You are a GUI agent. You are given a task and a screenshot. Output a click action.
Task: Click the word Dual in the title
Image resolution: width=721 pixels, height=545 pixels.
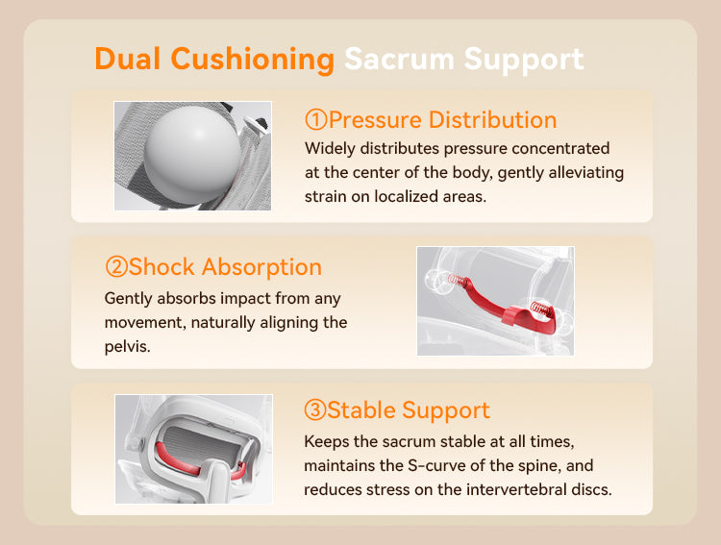click(127, 59)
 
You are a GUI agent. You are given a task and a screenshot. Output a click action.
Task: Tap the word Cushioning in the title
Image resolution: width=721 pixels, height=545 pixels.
click(253, 61)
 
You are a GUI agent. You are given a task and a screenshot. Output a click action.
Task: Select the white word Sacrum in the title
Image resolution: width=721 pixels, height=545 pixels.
click(399, 59)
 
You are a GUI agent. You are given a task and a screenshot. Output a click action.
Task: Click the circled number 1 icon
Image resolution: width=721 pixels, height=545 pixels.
click(316, 119)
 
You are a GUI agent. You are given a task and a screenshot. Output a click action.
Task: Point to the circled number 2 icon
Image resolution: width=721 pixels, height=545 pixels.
click(116, 267)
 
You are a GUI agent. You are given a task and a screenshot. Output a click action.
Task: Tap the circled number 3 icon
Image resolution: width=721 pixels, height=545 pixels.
click(315, 409)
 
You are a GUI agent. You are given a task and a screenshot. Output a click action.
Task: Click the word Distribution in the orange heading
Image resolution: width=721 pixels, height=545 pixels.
click(492, 119)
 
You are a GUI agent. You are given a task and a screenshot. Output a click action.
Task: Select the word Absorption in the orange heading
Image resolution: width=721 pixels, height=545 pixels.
click(261, 268)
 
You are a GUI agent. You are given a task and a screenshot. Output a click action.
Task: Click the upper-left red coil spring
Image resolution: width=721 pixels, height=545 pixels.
click(458, 280)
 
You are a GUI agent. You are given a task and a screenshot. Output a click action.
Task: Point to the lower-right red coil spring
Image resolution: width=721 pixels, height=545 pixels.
click(541, 309)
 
